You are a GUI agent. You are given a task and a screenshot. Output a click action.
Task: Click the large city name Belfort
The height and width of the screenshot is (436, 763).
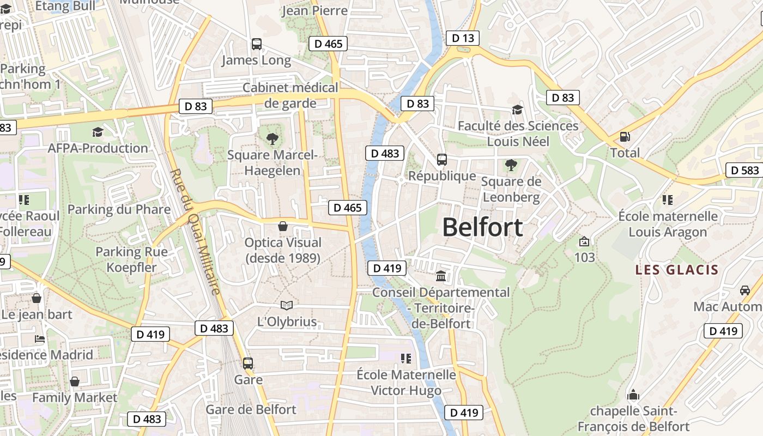pyautogui.click(x=482, y=227)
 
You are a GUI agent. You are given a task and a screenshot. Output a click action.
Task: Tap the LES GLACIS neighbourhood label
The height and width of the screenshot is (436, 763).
pyautogui.click(x=677, y=270)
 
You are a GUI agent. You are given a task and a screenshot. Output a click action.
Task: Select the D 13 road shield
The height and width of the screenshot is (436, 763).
pyautogui.click(x=463, y=38)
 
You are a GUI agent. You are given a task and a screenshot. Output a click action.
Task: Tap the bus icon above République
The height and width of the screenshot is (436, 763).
pyautogui.click(x=442, y=160)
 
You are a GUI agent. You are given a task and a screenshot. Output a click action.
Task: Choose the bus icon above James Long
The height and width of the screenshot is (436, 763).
pyautogui.click(x=256, y=44)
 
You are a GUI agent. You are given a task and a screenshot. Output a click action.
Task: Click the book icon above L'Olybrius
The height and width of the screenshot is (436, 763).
pyautogui.click(x=287, y=306)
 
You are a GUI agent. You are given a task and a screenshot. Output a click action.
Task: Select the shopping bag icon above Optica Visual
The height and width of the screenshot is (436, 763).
pyautogui.click(x=283, y=226)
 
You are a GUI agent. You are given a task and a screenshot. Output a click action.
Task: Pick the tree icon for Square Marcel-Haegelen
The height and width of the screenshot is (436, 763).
pyautogui.click(x=272, y=139)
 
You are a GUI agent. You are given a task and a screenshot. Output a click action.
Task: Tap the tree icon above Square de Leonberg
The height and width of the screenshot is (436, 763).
pyautogui.click(x=511, y=165)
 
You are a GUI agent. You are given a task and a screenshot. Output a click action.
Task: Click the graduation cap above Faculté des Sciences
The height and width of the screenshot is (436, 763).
pyautogui.click(x=517, y=110)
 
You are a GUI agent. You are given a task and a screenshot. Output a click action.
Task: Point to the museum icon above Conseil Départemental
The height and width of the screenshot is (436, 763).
pyautogui.click(x=441, y=276)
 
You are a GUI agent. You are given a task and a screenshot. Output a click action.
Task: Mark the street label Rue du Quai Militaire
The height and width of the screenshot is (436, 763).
pyautogui.click(x=196, y=232)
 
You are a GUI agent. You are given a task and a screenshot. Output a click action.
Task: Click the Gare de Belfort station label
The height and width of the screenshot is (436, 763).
pyautogui.click(x=251, y=409)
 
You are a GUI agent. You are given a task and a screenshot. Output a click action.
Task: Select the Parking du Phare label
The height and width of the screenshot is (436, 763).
pyautogui.click(x=119, y=209)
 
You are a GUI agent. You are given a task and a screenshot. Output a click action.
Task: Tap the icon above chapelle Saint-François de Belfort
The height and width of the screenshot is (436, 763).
pyautogui.click(x=633, y=395)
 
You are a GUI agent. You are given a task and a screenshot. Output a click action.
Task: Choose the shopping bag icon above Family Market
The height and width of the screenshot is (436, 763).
pyautogui.click(x=75, y=381)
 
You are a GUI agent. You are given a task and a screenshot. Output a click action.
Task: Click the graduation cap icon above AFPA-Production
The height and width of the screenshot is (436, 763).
pyautogui.click(x=98, y=132)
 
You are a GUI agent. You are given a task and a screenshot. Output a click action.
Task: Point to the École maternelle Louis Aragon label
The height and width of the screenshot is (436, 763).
pyautogui.click(x=668, y=224)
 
